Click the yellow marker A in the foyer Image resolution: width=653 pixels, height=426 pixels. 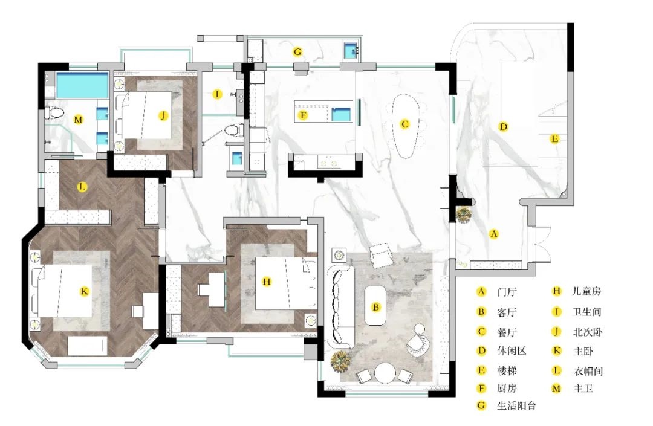pyautogui.click(x=493, y=234)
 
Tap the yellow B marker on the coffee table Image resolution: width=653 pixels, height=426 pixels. pyautogui.click(x=375, y=308)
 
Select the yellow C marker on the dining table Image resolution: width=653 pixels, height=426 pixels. pyautogui.click(x=404, y=124)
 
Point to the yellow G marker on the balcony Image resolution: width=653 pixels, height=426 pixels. pyautogui.click(x=297, y=52)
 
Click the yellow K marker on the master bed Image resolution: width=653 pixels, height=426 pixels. pyautogui.click(x=85, y=291)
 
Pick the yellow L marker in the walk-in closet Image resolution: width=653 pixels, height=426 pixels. pyautogui.click(x=82, y=187)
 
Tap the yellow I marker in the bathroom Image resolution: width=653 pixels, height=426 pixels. pyautogui.click(x=217, y=94)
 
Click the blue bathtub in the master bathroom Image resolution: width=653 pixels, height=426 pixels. pyautogui.click(x=82, y=85)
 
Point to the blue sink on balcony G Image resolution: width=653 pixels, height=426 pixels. pyautogui.click(x=351, y=51)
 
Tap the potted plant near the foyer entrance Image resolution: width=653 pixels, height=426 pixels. pyautogui.click(x=464, y=215)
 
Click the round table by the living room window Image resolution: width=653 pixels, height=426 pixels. pyautogui.click(x=385, y=373)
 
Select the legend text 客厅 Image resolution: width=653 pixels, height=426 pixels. pyautogui.click(x=507, y=312)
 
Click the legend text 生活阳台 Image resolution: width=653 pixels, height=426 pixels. pyautogui.click(x=516, y=405)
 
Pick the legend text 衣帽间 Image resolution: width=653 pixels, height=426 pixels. pyautogui.click(x=588, y=371)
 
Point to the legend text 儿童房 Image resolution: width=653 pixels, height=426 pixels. pyautogui.click(x=586, y=291)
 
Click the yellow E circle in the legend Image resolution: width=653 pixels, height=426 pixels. pyautogui.click(x=481, y=370)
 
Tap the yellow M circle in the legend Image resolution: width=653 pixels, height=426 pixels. pyautogui.click(x=556, y=389)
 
